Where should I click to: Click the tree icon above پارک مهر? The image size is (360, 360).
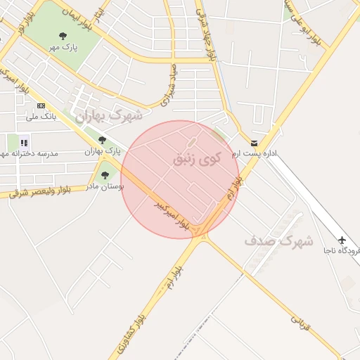pos(63,35)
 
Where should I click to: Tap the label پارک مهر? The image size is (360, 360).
pos(63,47)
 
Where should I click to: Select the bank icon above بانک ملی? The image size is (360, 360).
pos(41,105)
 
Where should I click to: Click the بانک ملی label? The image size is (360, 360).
pos(41,116)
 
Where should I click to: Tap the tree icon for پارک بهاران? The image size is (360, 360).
pos(103,141)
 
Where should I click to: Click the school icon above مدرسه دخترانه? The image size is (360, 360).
pos(24,143)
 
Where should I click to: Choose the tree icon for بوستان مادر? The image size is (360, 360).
pos(105,176)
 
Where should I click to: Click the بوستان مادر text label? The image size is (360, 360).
pos(105,187)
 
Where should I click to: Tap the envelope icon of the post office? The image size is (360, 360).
pos(254,143)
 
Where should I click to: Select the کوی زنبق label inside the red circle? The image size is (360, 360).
pos(196,158)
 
